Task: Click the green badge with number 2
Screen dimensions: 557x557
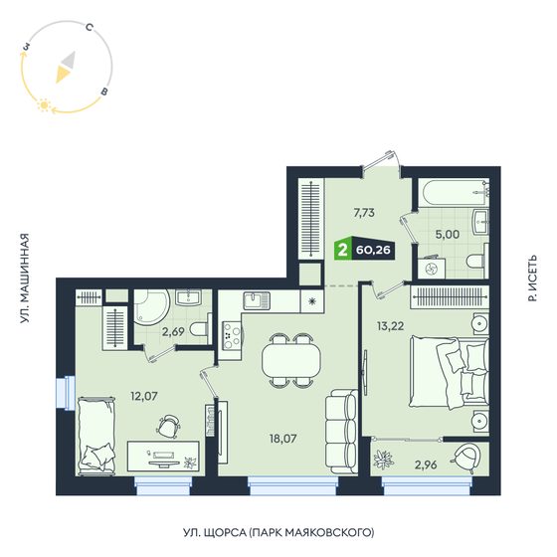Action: tap(343, 251)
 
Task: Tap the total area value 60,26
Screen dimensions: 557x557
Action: tap(372, 251)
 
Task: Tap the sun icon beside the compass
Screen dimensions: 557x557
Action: tap(43, 103)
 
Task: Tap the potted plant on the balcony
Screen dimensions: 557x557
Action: tap(384, 460)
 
